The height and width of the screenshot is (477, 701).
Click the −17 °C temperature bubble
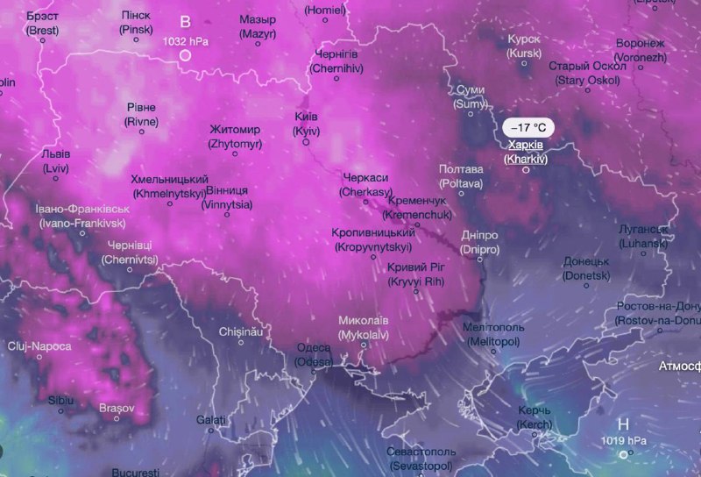click(x=528, y=127)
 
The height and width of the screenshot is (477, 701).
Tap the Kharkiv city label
click(x=526, y=152)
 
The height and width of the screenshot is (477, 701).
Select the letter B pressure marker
click(x=185, y=22)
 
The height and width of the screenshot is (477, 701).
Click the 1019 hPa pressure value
click(x=623, y=440)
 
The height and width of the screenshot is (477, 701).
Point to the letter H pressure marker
click(x=623, y=423)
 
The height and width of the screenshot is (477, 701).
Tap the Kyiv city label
click(x=307, y=124)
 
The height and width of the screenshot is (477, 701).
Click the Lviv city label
click(x=55, y=160)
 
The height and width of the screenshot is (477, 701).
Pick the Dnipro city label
click(x=479, y=243)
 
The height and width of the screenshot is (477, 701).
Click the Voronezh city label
click(x=640, y=50)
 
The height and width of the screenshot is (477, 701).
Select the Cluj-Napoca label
click(x=39, y=346)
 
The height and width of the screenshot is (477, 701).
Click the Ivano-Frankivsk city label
click(x=82, y=217)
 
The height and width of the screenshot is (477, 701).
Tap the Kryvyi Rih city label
click(x=416, y=274)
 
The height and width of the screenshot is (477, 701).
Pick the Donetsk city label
click(x=586, y=268)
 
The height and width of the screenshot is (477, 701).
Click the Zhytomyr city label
click(x=235, y=136)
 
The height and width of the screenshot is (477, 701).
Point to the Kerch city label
click(x=534, y=417)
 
